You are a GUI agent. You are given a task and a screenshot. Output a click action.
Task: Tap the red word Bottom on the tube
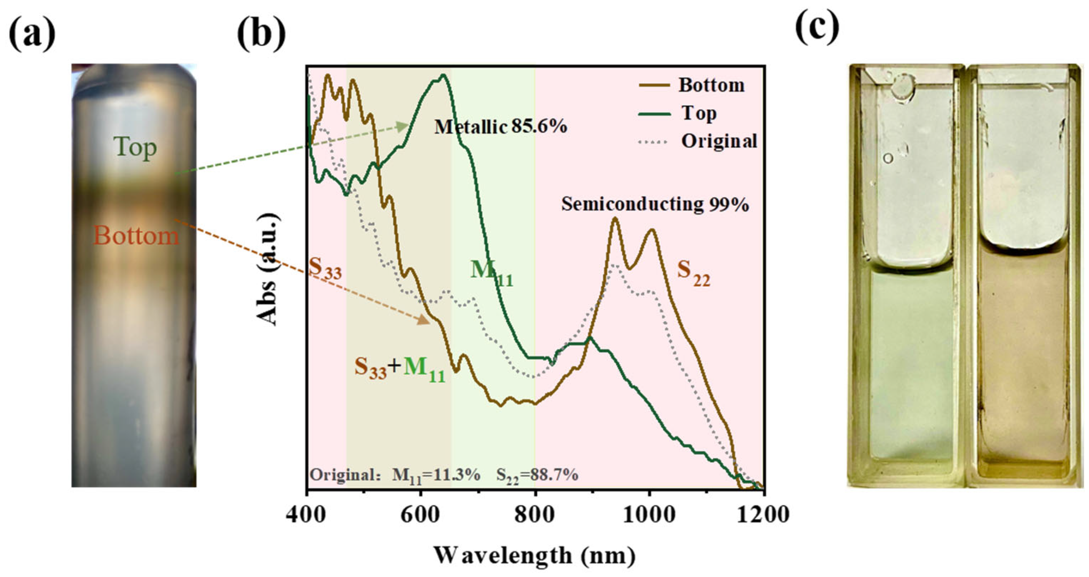(136, 236)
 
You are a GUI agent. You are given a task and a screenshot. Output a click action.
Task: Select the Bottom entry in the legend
(711, 85)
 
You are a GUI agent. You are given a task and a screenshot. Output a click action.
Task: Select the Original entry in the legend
(719, 141)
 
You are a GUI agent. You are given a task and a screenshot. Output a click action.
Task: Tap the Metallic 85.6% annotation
(500, 126)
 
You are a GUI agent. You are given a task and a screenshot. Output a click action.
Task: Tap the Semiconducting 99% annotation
(655, 204)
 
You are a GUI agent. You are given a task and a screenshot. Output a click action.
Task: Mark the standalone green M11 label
(492, 273)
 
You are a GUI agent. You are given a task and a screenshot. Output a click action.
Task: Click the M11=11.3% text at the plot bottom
(436, 475)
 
